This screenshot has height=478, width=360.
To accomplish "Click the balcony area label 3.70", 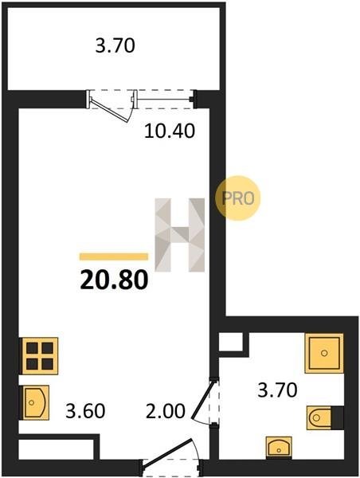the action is tap(115, 46).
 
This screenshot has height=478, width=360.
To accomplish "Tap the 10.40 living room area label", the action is tap(170, 131).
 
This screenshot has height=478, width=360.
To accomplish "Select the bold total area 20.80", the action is tap(114, 280).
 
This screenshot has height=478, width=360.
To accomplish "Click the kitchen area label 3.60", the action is tap(85, 410).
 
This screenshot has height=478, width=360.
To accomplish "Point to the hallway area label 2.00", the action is tap(166, 410).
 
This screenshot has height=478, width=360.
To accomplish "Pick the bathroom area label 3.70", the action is tap(277, 390).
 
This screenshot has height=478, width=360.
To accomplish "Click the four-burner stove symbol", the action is tap(39, 356).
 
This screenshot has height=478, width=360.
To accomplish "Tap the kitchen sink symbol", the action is tap(34, 402).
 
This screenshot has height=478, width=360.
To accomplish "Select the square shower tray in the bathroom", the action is tap(324, 353).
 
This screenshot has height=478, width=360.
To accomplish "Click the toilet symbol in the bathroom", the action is tap(319, 417).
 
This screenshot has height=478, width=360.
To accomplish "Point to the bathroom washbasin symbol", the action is tap(279, 447).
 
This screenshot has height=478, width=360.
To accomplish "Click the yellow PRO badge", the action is tap(238, 198).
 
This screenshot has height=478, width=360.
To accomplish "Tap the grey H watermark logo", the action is tap(180, 235).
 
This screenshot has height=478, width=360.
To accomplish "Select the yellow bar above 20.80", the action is tap(114, 257).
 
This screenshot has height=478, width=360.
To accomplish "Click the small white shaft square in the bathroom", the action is tap(231, 342).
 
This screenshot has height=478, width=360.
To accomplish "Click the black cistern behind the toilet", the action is tap(338, 417).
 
